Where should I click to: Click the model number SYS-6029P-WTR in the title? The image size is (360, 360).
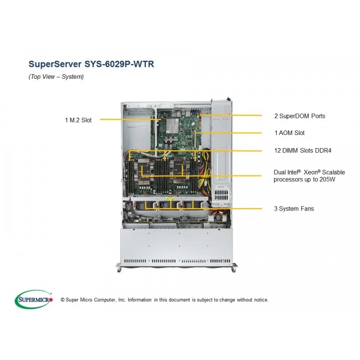point(119,64)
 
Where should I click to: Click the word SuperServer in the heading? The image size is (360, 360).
point(55,64)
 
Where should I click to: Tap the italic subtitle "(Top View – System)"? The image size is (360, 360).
point(56,76)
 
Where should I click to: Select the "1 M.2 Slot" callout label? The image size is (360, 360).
point(78,120)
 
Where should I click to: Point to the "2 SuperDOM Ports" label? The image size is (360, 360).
point(300,116)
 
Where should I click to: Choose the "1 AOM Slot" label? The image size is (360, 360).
point(289,133)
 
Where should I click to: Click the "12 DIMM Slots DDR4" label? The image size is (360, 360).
point(302,151)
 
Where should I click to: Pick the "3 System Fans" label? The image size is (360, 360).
point(294,209)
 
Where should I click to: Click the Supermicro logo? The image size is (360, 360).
point(34,299)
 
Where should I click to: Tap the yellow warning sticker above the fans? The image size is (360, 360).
point(170,199)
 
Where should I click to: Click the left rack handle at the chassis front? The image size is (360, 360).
point(118,268)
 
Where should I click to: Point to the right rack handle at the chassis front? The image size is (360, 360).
point(234,268)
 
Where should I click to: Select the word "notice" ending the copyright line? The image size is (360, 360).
point(261,300)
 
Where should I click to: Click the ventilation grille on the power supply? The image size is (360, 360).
point(221,194)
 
